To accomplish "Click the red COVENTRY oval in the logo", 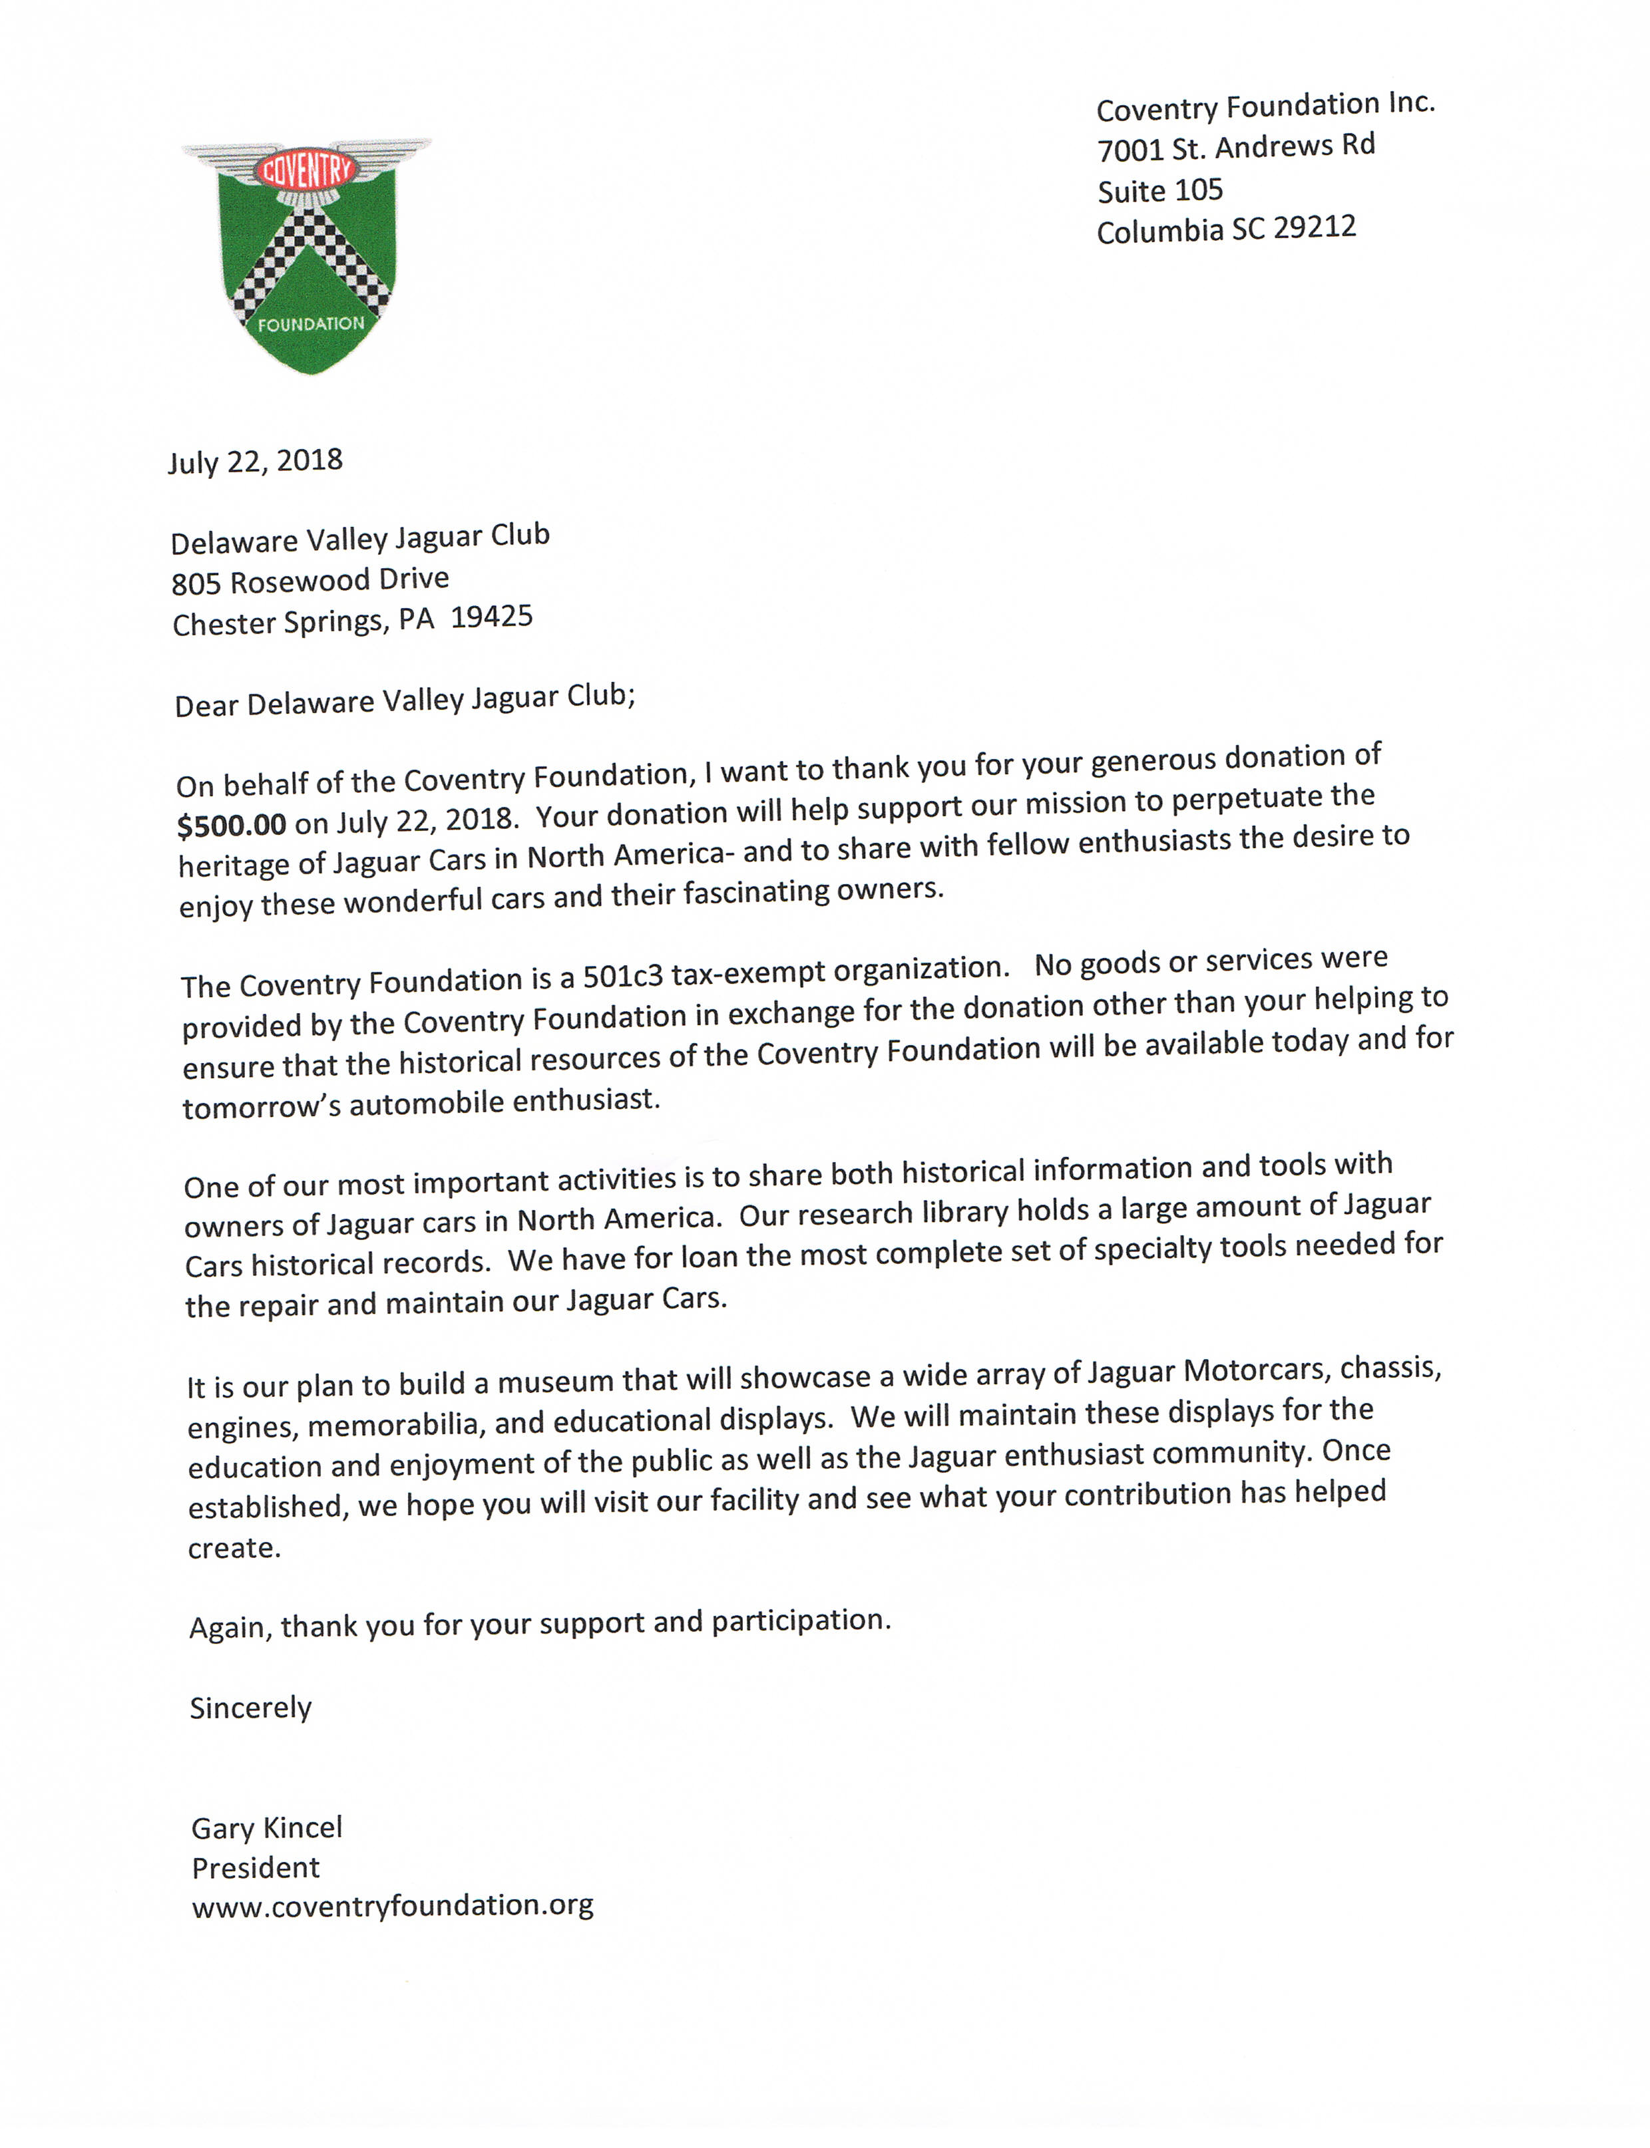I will point(306,171).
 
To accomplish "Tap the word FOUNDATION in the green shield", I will point(310,324).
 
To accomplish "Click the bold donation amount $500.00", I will point(232,825).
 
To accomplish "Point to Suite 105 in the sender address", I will point(1160,190).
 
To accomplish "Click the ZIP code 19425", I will point(491,617).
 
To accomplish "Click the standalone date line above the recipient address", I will point(254,462).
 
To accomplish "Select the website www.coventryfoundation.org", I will point(393,1905).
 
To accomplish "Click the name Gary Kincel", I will point(266,1828).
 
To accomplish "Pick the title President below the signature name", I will point(256,1867).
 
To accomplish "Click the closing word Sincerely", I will point(250,1708).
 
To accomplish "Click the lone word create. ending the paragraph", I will point(234,1548).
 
